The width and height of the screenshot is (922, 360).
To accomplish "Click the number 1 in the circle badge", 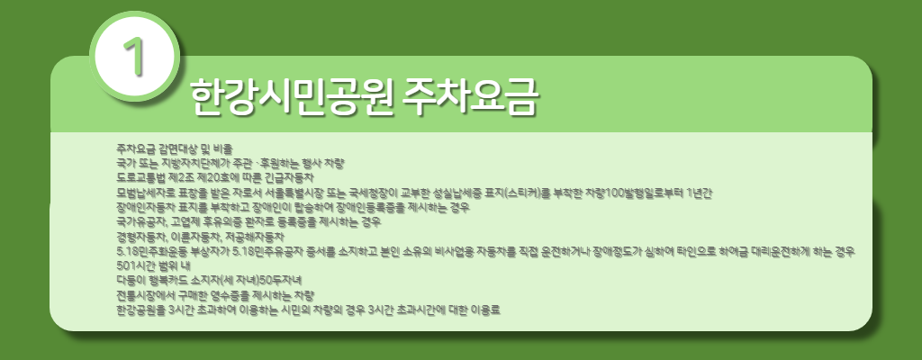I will pos(136,56).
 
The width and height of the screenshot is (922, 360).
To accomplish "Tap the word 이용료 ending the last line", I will pos(482,310).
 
